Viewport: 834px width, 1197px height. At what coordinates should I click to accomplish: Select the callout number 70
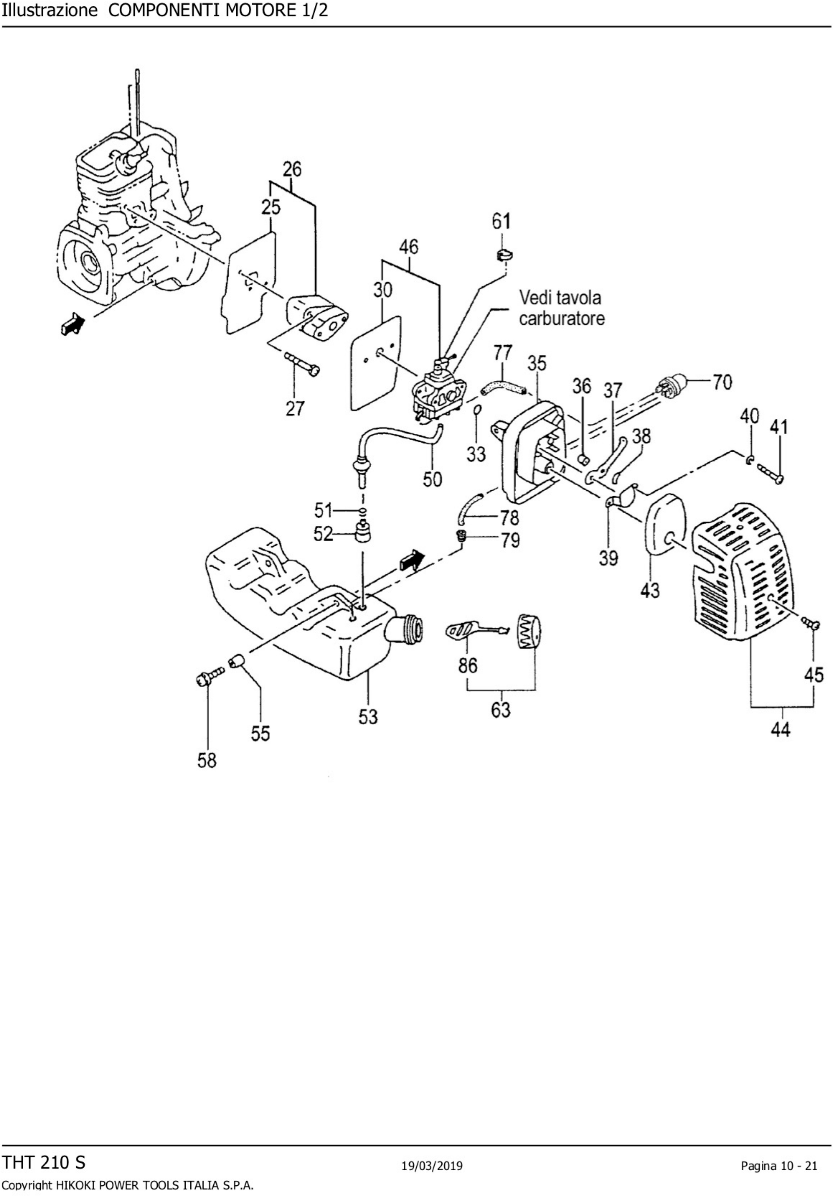point(722,382)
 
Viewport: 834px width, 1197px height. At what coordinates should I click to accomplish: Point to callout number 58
point(207,761)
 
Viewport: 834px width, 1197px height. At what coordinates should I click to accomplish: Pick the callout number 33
point(476,454)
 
